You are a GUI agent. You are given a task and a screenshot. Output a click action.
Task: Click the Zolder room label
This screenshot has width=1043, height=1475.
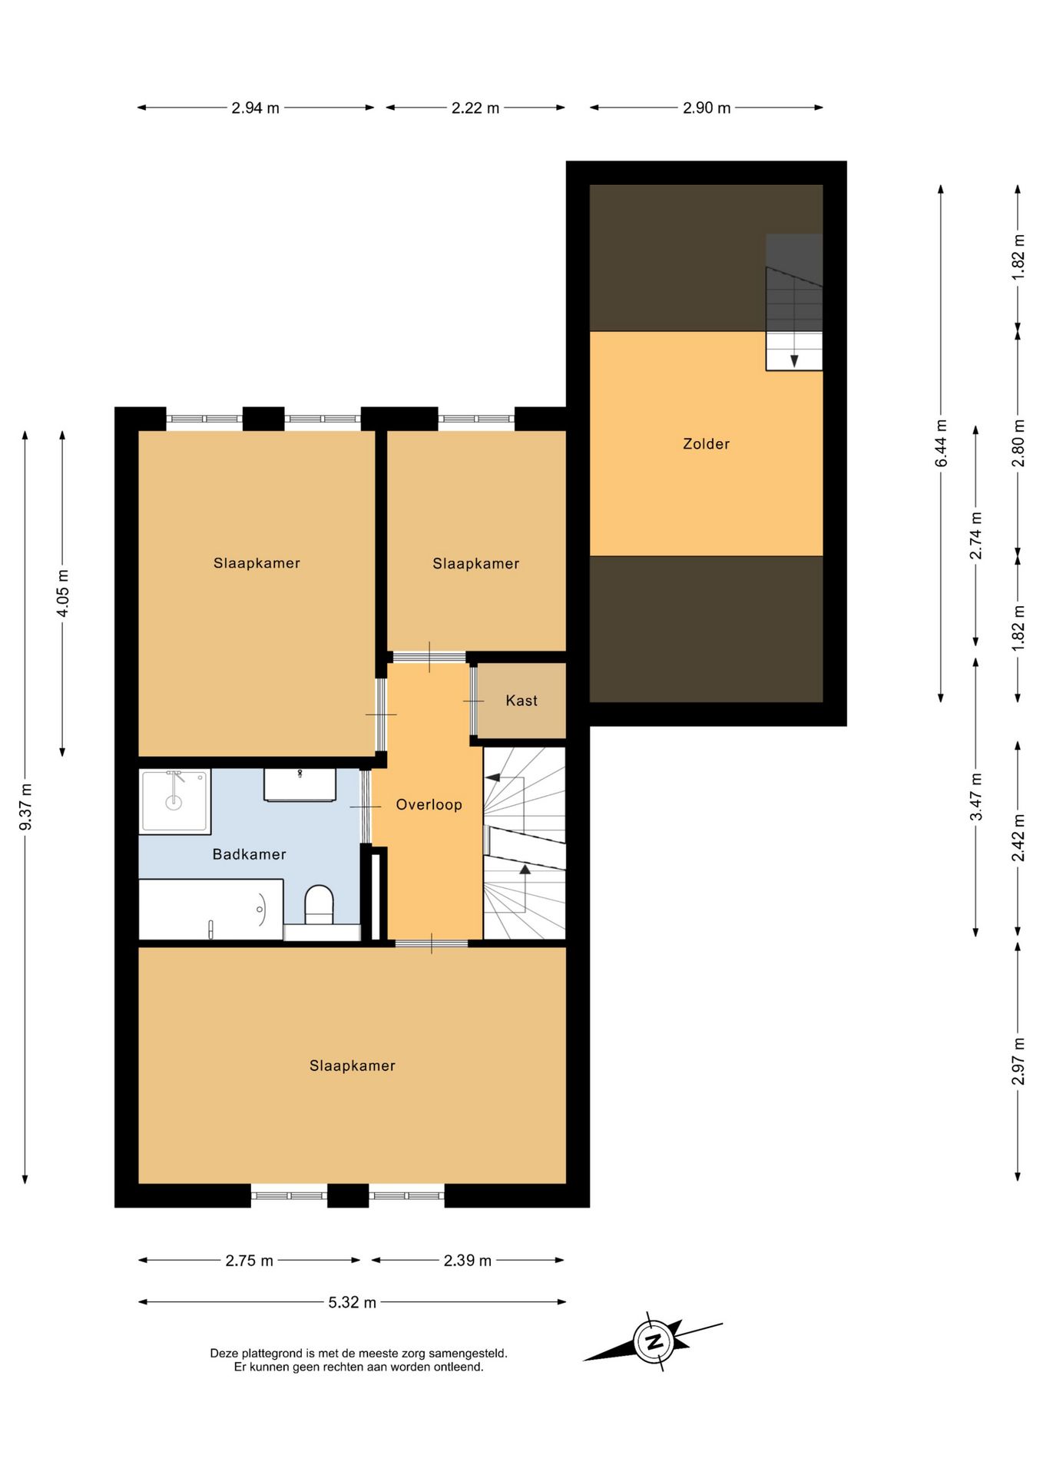[706, 443]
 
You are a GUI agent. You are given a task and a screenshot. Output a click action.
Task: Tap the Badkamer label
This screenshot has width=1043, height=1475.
[249, 854]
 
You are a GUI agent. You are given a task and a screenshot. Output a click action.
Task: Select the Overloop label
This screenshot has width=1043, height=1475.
[429, 805]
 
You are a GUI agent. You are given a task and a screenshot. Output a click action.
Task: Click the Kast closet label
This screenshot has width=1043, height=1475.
[521, 701]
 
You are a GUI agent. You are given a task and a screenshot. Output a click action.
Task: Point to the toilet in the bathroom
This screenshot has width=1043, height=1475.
[319, 904]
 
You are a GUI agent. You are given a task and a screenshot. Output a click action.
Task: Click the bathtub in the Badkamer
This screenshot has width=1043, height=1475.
[211, 910]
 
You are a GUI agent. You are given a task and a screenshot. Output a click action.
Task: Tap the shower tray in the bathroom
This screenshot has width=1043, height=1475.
[175, 802]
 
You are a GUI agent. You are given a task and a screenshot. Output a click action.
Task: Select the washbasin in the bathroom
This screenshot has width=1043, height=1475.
[300, 784]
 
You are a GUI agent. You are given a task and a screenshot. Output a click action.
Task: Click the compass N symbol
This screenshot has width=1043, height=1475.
[654, 1342]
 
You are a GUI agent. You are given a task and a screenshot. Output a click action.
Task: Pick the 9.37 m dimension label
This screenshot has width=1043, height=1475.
[25, 806]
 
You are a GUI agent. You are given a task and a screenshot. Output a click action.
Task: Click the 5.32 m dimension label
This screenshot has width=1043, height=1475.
[353, 1302]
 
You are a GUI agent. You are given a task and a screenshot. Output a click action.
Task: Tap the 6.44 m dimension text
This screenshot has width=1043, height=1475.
[941, 443]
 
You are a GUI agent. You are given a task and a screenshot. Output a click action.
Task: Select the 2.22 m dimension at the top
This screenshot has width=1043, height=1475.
[475, 108]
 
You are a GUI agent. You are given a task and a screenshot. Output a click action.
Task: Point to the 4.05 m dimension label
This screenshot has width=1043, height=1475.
[63, 593]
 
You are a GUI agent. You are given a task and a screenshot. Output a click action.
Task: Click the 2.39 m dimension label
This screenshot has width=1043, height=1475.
[468, 1261]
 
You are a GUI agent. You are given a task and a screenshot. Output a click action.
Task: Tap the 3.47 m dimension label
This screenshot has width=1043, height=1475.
[976, 797]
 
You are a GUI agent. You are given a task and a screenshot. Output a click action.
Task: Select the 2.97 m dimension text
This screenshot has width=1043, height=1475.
[1018, 1061]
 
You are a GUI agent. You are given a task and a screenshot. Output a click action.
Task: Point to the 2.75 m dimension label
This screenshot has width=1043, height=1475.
[250, 1261]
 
